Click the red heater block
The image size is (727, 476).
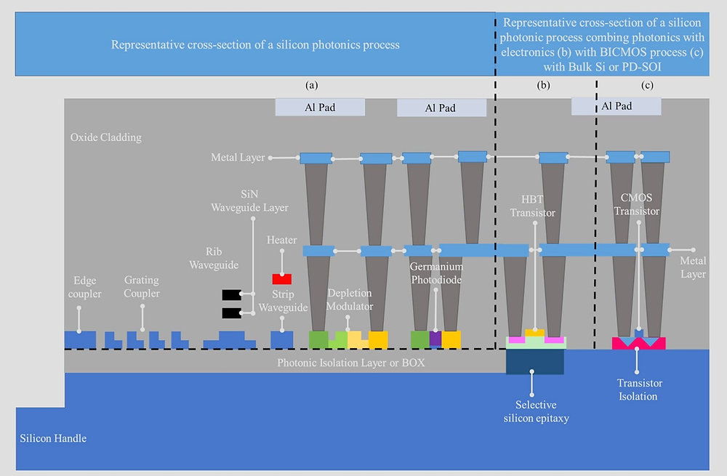(x=281, y=279)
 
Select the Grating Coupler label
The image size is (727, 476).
(x=142, y=286)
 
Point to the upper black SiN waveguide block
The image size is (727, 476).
(x=231, y=294)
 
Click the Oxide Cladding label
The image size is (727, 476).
(x=106, y=137)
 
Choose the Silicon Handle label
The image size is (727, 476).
(x=53, y=438)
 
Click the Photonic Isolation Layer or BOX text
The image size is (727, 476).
(x=350, y=362)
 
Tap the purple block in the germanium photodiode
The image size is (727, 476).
(x=435, y=339)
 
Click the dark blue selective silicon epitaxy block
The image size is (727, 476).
(x=534, y=363)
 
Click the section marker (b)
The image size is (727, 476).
(x=543, y=85)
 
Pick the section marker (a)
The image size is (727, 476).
(x=312, y=85)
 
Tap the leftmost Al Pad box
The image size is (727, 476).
(x=320, y=107)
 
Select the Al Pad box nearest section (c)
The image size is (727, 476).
(x=616, y=106)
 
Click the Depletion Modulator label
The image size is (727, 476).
(x=350, y=299)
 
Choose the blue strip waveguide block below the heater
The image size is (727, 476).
(x=281, y=339)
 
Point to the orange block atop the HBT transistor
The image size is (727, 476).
(x=534, y=333)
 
